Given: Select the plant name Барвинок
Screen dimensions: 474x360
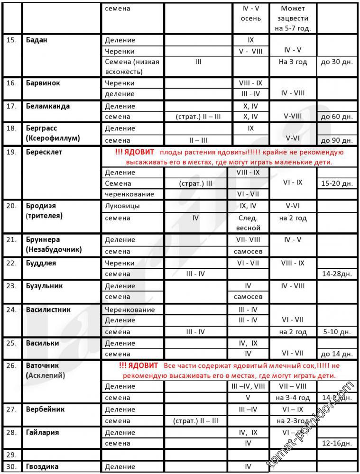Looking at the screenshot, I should (x=43, y=83).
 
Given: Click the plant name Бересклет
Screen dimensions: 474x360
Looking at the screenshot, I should (x=44, y=152).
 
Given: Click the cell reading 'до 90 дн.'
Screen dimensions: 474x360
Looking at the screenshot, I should (x=336, y=140).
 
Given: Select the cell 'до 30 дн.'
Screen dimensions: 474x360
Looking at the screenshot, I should (x=336, y=62).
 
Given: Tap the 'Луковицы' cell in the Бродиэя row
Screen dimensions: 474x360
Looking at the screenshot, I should (x=122, y=206).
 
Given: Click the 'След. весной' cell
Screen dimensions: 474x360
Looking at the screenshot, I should (x=248, y=223).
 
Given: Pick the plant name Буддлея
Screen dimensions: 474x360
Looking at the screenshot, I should (x=41, y=263).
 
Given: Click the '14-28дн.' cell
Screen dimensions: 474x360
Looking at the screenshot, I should (x=336, y=274).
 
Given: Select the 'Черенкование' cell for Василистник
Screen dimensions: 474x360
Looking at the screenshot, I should (x=130, y=310).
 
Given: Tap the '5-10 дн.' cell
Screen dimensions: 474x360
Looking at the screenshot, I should (x=336, y=332).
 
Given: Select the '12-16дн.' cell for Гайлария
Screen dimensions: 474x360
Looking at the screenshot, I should (x=336, y=443).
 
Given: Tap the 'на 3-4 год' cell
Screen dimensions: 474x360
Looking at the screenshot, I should (x=293, y=398).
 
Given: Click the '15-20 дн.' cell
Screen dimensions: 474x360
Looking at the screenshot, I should (x=336, y=183).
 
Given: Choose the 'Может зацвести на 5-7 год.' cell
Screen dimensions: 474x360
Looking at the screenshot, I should (x=293, y=18).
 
